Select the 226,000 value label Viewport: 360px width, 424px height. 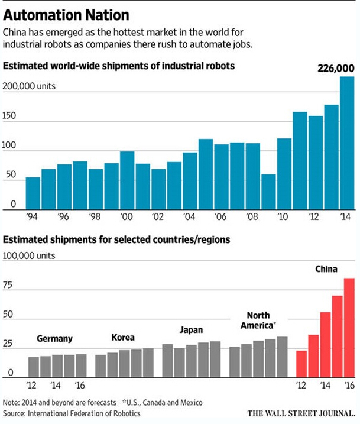point(335,69)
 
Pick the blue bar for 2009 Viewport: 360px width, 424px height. point(268,192)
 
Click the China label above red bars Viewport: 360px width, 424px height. point(326,270)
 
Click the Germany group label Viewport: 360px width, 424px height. point(54,339)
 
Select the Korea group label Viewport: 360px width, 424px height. point(122,338)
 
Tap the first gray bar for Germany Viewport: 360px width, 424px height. point(33,367)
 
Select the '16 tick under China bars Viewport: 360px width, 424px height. point(349,384)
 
